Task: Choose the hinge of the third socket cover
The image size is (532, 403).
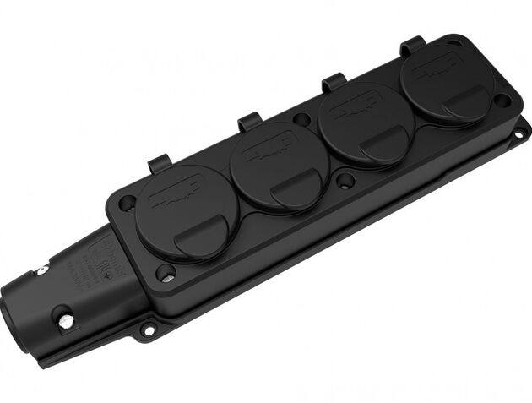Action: coord(334,81)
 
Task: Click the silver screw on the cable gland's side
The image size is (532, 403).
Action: coord(62,319)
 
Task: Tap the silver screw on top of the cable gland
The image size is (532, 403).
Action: coord(40,270)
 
